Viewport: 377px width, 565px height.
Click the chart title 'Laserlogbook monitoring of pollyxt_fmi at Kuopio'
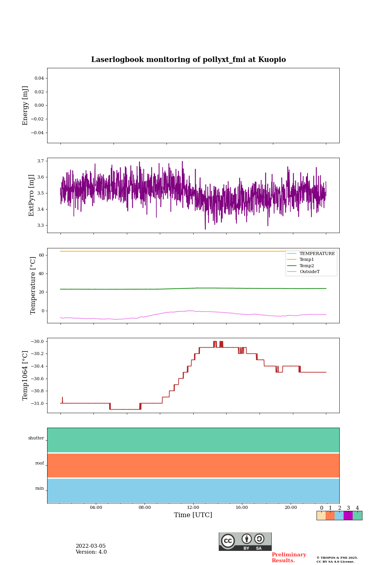[x=188, y=60]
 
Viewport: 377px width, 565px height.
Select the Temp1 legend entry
[x=307, y=260]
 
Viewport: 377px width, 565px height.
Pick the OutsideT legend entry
[x=309, y=272]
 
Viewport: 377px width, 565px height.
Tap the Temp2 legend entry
[x=307, y=266]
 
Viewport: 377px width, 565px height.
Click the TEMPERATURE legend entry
[x=317, y=254]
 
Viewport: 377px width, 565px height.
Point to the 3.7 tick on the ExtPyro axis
[x=40, y=161]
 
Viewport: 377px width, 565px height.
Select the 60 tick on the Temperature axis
[x=41, y=255]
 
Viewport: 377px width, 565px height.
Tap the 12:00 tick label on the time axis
[x=193, y=508]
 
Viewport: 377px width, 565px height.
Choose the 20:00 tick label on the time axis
[x=291, y=508]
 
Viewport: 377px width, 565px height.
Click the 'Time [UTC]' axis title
[x=193, y=515]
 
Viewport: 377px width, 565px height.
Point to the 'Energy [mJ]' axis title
[x=26, y=106]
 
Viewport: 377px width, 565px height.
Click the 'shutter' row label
[x=36, y=438]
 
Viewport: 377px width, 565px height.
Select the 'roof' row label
[x=40, y=463]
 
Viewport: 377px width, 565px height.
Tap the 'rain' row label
[x=40, y=488]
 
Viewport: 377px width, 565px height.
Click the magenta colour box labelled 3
[x=348, y=516]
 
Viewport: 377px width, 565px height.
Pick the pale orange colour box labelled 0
[x=321, y=516]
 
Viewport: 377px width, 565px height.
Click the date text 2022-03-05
[x=91, y=546]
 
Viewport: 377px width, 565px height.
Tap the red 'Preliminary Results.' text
[x=289, y=558]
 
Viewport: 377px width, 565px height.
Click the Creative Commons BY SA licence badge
[x=245, y=541]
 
